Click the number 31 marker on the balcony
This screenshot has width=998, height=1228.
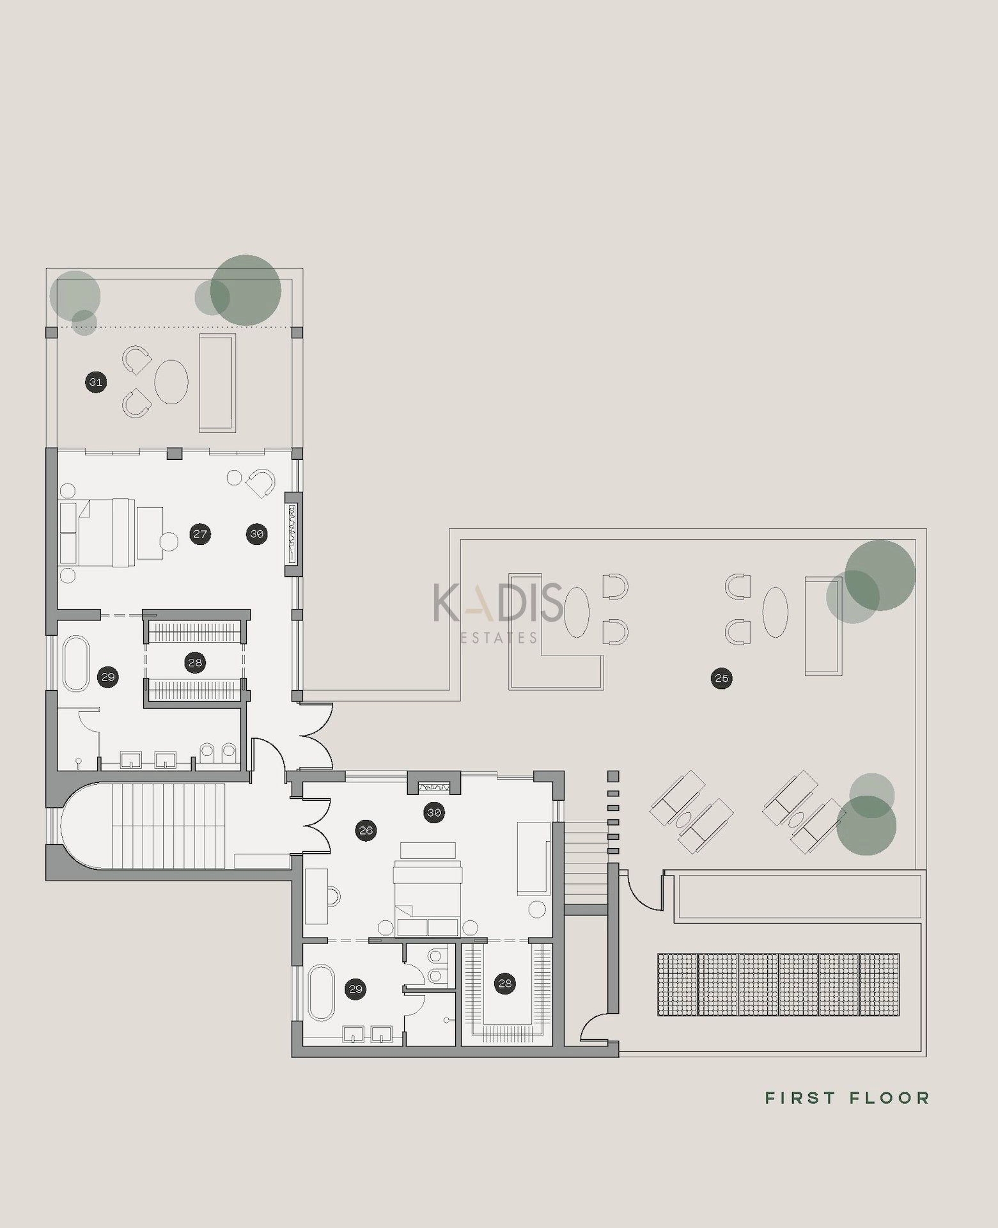point(96,383)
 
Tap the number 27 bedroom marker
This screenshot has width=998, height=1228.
point(200,534)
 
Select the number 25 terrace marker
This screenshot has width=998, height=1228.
point(721,678)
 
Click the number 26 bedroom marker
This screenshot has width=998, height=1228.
point(366,831)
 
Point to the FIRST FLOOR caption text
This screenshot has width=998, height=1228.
point(847,1098)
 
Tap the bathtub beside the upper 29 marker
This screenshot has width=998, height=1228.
point(77,663)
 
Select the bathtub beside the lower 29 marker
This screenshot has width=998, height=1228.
point(322,992)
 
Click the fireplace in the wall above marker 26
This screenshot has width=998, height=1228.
point(434,786)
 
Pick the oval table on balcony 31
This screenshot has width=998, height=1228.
point(171,382)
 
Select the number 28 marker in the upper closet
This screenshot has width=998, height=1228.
point(195,663)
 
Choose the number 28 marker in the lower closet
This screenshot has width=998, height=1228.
point(505,984)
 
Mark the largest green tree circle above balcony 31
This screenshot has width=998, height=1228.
point(246,290)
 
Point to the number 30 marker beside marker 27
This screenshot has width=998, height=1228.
point(256,534)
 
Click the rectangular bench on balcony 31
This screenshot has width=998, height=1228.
point(217,382)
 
